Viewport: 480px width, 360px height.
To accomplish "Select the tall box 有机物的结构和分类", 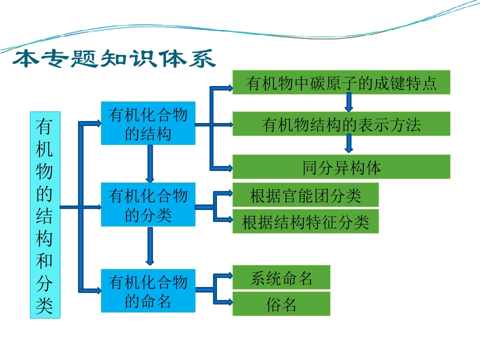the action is [x=45, y=215].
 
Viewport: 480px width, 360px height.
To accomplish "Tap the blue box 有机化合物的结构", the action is [x=148, y=123].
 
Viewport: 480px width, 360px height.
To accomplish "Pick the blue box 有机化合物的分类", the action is [x=148, y=204].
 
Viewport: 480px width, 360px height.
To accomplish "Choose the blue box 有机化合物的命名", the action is [x=148, y=291].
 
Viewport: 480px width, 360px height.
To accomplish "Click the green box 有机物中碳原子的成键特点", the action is [x=341, y=82].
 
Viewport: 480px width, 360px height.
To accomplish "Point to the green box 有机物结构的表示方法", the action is [x=341, y=123].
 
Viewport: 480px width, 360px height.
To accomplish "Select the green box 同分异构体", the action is [x=341, y=167].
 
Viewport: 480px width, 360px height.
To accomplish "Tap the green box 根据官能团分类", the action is [x=305, y=194].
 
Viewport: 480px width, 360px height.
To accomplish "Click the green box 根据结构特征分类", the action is [x=305, y=221].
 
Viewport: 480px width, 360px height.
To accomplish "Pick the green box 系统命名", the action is [x=281, y=277].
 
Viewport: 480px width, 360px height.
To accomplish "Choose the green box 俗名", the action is [x=281, y=303].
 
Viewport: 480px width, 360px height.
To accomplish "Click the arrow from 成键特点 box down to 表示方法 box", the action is [x=348, y=102].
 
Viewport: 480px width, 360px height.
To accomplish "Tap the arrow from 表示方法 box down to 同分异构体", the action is [x=348, y=144].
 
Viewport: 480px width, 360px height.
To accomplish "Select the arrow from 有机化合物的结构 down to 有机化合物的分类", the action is [x=149, y=164].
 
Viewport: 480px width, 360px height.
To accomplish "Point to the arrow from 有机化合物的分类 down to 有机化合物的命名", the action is [x=149, y=246].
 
